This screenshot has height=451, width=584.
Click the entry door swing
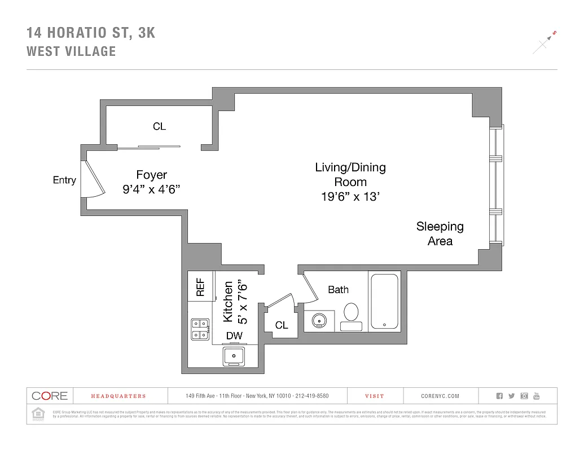pos(94,179)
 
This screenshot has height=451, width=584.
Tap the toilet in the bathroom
pos(352,314)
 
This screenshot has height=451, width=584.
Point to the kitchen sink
pos(234,355)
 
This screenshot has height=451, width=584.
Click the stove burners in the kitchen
pos(200,329)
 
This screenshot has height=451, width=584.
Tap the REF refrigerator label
pos(200,286)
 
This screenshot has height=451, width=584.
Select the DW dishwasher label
pos(234,336)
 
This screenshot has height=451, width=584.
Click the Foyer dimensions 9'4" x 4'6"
pos(151,189)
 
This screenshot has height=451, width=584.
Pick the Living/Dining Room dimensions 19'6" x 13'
pos(350,197)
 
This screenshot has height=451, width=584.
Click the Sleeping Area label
pos(440,233)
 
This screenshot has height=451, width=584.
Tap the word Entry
pos(64,180)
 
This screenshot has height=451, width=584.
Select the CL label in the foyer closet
pos(160,126)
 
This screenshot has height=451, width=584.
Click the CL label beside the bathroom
pos(282,325)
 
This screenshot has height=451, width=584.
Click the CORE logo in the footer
pos(50,396)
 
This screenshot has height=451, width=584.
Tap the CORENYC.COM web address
pos(440,396)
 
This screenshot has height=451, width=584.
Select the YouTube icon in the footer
pos(537,396)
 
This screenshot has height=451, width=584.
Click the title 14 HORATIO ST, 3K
pos(91,33)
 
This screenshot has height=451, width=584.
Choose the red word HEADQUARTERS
pos(111,396)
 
